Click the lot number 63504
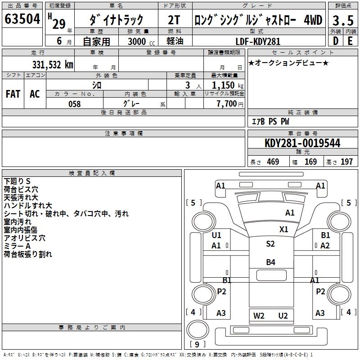click(x=22, y=20)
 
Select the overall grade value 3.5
click(x=342, y=21)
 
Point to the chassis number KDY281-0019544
click(x=302, y=143)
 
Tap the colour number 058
click(x=74, y=104)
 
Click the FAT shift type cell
click(x=13, y=94)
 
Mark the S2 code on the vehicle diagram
click(x=270, y=244)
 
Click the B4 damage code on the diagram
click(x=270, y=262)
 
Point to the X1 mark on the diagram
click(x=283, y=229)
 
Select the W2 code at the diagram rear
click(x=259, y=315)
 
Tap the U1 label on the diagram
click(x=216, y=235)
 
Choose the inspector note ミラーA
click(x=18, y=246)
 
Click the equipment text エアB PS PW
click(x=270, y=121)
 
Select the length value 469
click(x=273, y=162)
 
